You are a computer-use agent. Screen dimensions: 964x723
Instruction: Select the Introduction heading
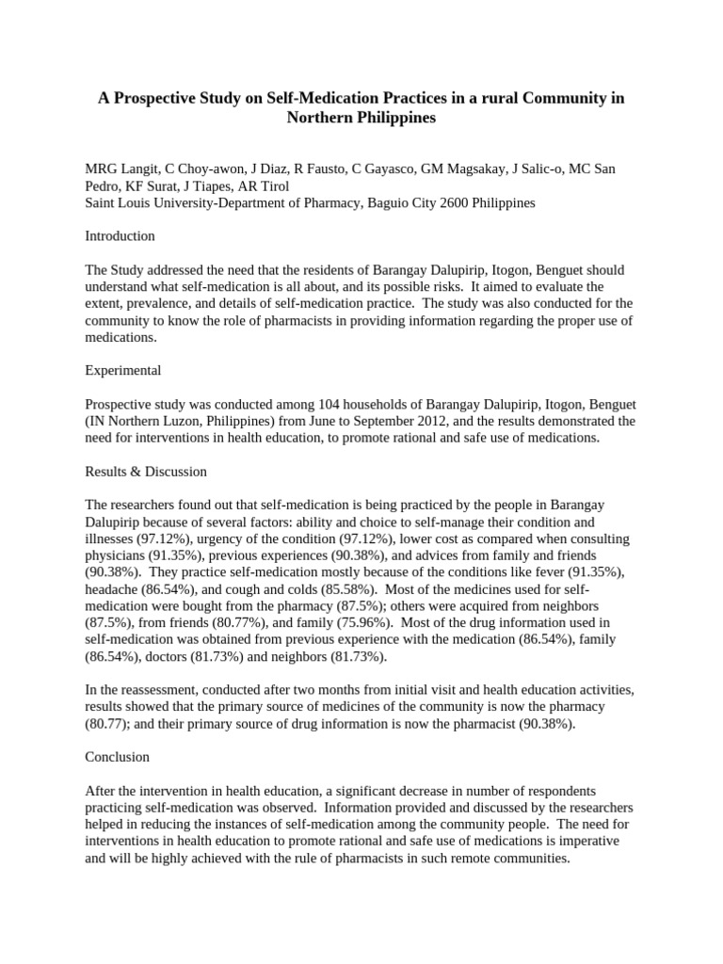click(x=120, y=236)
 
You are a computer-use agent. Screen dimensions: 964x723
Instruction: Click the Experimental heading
click(x=122, y=370)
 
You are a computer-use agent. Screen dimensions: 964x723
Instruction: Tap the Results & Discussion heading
click(x=146, y=471)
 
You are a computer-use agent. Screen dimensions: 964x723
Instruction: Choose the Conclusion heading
click(x=117, y=757)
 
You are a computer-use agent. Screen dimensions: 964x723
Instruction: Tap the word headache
click(x=111, y=589)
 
